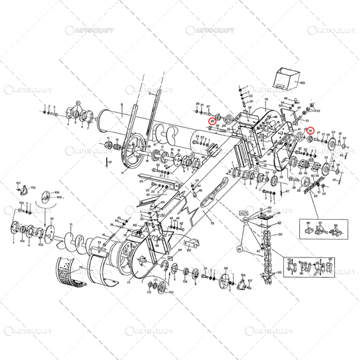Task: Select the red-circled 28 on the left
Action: coord(212,121)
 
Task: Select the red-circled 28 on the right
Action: coord(310,132)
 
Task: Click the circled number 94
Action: coord(246,220)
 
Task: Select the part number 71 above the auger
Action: coord(70,225)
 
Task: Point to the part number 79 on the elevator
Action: coord(211,224)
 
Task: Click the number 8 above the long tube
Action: coord(121,104)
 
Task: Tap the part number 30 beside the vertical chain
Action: coord(280,235)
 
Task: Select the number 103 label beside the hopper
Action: coord(302,82)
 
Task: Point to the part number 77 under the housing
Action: coord(129,283)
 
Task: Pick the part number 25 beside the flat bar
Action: coord(141,182)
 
